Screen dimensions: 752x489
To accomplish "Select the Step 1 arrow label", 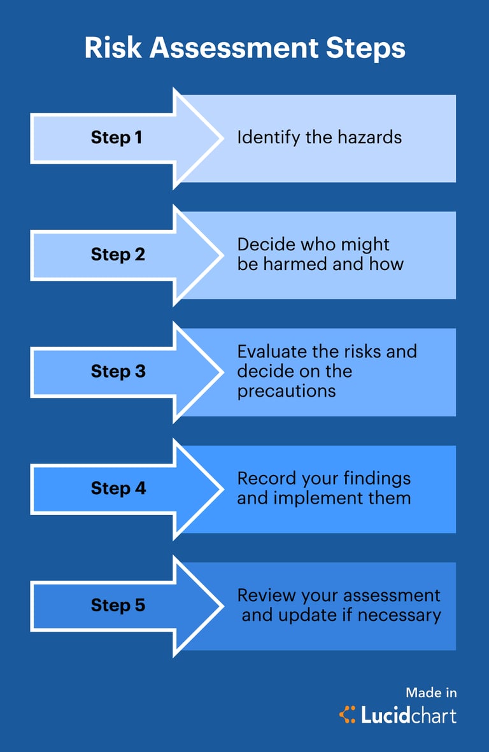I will click(117, 138).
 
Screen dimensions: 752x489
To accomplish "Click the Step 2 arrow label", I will click(118, 255).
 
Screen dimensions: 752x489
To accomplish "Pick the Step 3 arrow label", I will click(118, 371).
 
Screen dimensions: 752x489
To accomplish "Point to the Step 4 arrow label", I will click(118, 488).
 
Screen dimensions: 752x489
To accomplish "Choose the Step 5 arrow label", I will click(118, 605).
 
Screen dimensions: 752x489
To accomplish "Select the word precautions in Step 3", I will click(287, 390).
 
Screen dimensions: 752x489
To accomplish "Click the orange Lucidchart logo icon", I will click(348, 714).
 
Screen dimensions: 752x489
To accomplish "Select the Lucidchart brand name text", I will click(409, 715).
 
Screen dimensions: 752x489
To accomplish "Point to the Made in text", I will click(431, 693).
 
